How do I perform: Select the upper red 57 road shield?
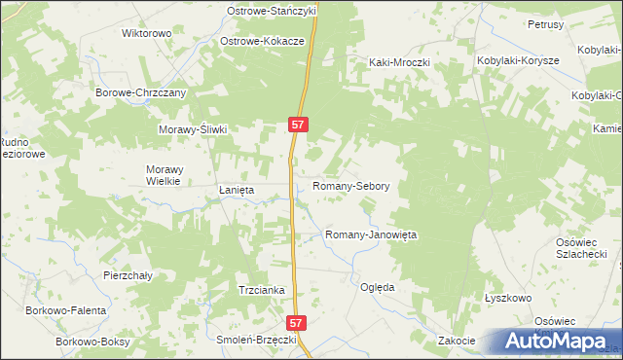click(299, 125)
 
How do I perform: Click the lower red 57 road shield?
click(298, 320)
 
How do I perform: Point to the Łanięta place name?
click(236, 191)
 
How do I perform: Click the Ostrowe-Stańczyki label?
click(272, 10)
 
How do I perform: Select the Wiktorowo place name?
click(146, 33)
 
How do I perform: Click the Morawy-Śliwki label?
click(193, 129)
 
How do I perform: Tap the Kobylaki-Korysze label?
click(517, 60)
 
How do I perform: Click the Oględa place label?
click(377, 287)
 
